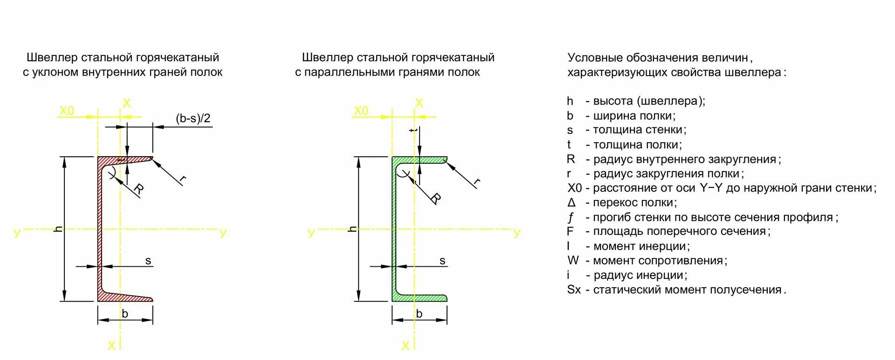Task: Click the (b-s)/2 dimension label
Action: pos(193,118)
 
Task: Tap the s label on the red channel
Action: pos(148,261)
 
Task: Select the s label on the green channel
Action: pos(442,261)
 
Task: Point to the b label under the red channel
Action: pos(124,313)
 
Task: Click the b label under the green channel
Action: pos(419,314)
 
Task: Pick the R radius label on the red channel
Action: pos(138,189)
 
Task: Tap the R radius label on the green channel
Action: pos(435,198)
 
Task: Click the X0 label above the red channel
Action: pos(67,111)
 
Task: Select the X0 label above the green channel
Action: pos(361,111)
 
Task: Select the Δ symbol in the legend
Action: pos(571,203)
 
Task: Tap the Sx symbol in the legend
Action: pos(574,290)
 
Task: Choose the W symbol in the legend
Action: pos(573,261)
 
